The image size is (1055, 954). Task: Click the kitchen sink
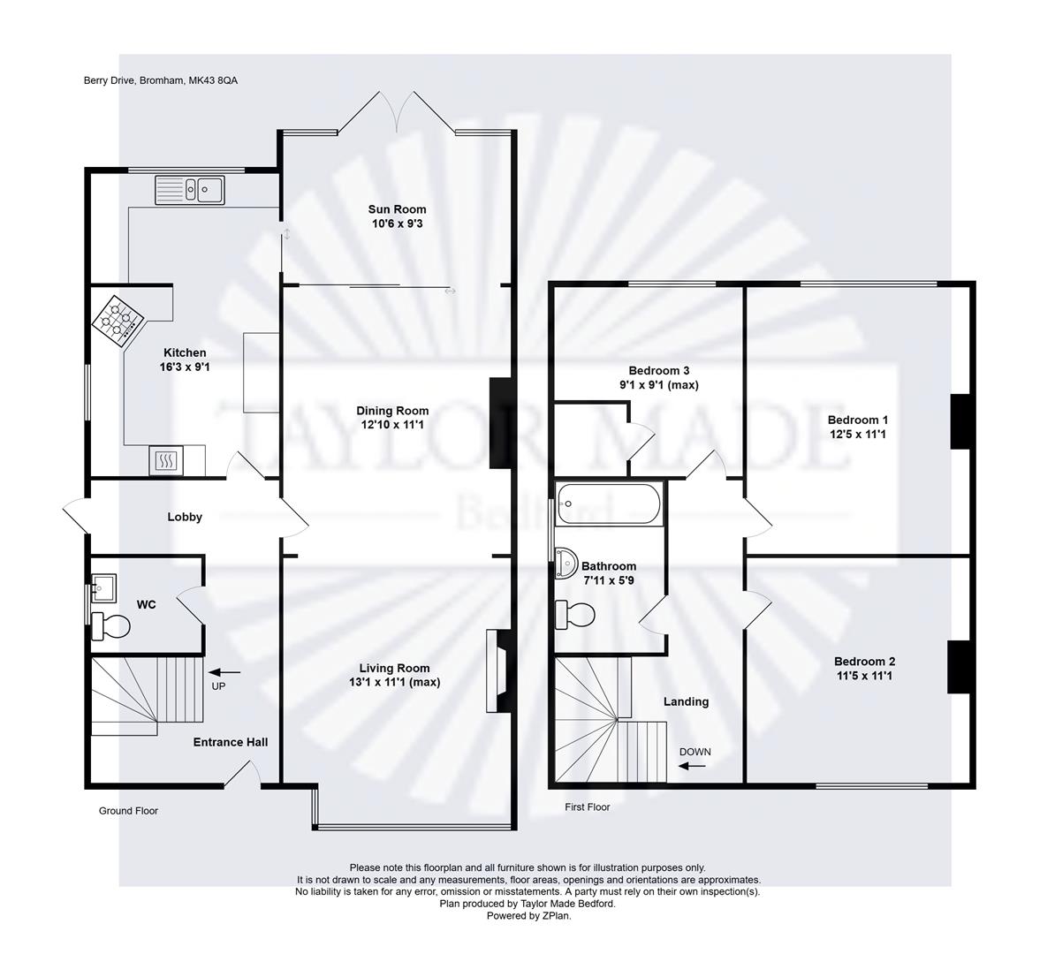click(190, 189)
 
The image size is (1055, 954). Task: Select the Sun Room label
click(397, 209)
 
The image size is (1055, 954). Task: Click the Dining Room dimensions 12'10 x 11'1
click(392, 425)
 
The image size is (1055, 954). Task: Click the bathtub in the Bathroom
click(608, 504)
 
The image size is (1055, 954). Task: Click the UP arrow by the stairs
click(224, 673)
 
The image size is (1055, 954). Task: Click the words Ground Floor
click(128, 811)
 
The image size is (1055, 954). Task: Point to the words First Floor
click(588, 807)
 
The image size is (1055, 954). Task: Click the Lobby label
click(185, 517)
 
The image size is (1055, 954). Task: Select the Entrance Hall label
click(231, 742)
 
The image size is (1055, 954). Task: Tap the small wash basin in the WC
click(103, 586)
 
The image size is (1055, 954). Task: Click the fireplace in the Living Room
click(498, 670)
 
